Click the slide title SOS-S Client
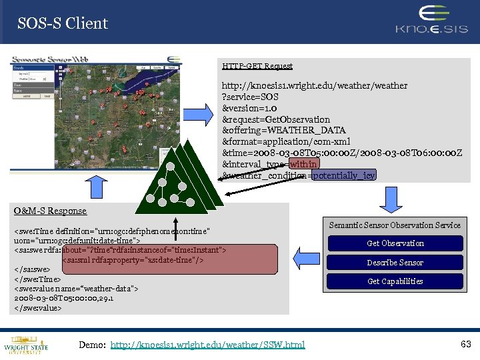click(63, 23)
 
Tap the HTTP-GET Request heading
click(257, 66)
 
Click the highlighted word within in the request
click(304, 164)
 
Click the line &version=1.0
click(250, 108)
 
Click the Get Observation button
click(395, 243)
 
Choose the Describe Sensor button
click(395, 262)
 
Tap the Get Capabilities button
click(395, 281)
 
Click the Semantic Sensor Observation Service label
click(395, 225)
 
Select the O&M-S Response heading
click(51, 211)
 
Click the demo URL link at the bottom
click(207, 345)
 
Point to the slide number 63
click(465, 344)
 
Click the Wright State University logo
click(26, 344)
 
